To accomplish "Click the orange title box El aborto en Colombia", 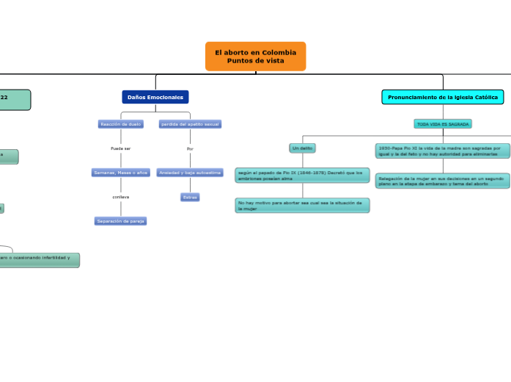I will (255, 57).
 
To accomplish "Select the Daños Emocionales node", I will (155, 97).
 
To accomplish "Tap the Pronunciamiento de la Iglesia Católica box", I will (442, 97).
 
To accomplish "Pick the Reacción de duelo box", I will (120, 124).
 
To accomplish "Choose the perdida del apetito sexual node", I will (190, 124).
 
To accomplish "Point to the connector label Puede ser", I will (120, 148).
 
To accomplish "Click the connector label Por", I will (190, 148).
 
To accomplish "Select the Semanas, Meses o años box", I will (120, 173).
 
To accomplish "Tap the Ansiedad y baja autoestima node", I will (190, 173).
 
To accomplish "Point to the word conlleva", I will (120, 197).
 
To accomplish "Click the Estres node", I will (190, 197).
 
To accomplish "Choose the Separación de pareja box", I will (120, 221).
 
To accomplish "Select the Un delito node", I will (302, 148).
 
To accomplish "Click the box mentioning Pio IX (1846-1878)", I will (302, 175).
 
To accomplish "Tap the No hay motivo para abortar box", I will (302, 205).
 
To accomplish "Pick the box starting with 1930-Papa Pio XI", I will (440, 151).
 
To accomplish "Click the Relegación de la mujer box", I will (440, 181).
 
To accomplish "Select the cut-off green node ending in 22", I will (15, 99).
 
